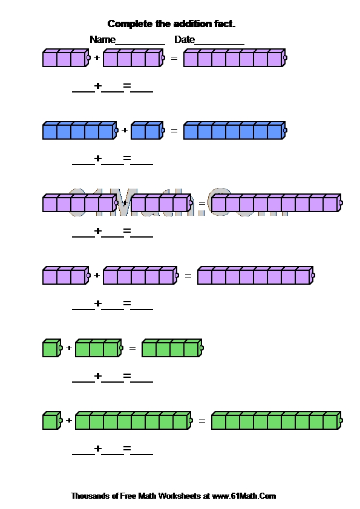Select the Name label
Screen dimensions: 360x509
102,40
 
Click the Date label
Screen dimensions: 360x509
185,40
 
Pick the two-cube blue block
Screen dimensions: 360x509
148,131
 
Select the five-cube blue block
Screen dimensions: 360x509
80,131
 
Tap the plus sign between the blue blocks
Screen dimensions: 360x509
125,131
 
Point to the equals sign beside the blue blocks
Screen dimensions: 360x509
174,131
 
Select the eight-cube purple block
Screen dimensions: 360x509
256,276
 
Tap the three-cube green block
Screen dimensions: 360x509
99,348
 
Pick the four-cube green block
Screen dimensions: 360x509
173,348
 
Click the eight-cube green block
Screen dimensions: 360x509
134,421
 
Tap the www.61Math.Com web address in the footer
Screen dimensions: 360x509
244,496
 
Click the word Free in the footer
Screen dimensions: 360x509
128,496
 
